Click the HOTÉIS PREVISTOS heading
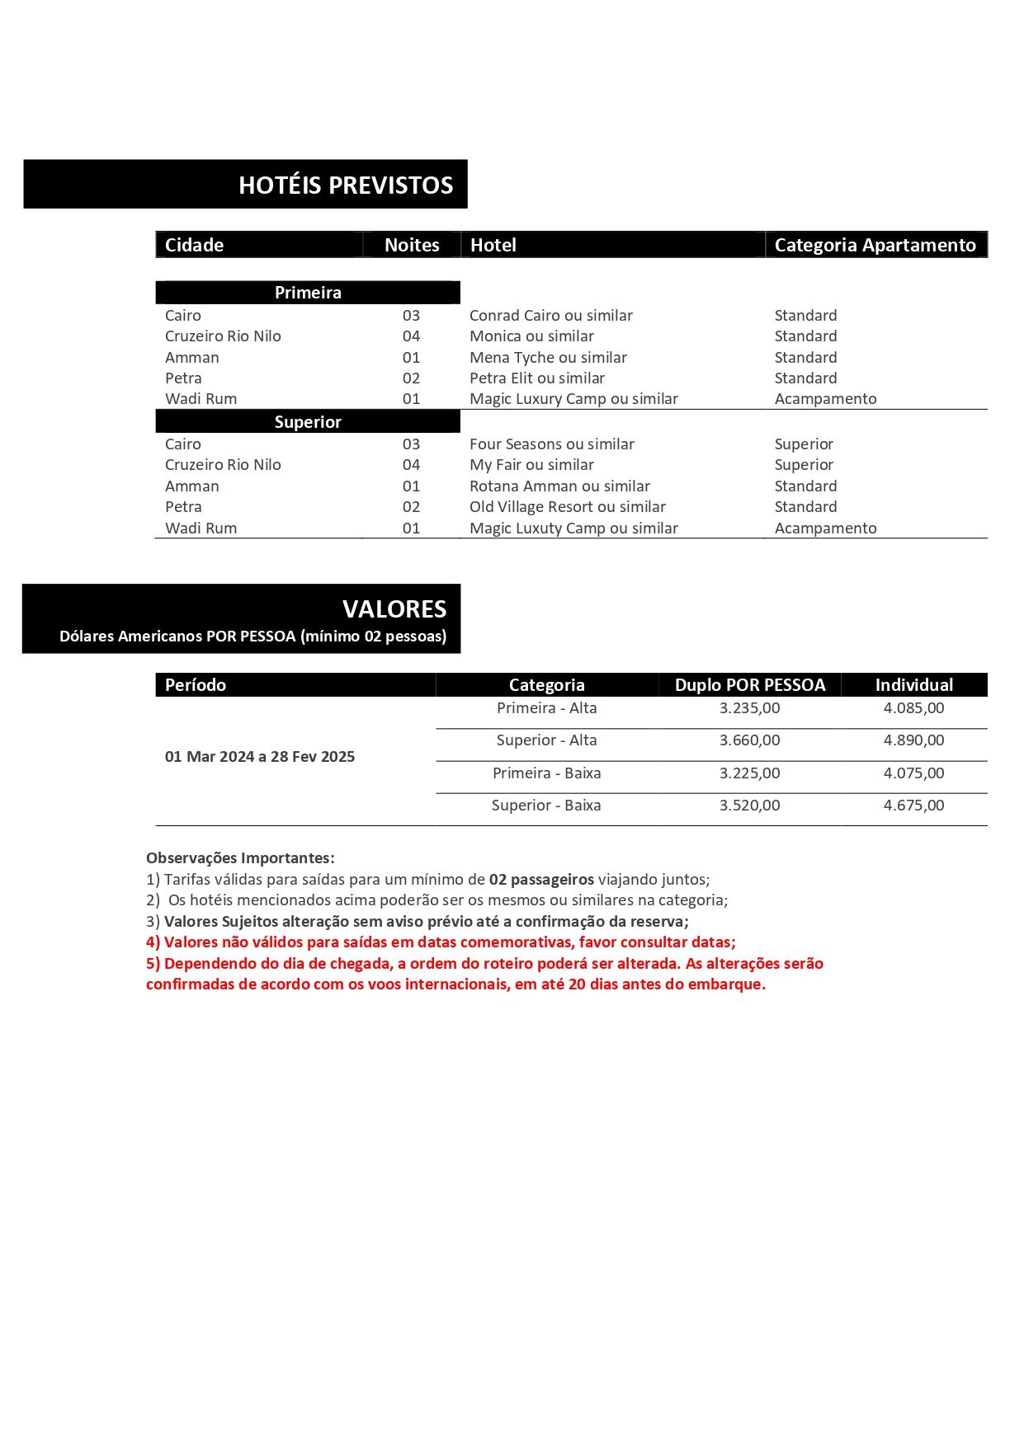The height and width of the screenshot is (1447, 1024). point(346,185)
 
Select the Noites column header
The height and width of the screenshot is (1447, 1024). point(412,245)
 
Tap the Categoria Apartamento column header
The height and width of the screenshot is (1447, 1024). point(875,245)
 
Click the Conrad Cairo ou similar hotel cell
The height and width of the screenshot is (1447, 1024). point(550,315)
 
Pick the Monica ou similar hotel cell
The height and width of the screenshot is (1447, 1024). point(531,336)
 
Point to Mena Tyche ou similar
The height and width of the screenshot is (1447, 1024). point(548,357)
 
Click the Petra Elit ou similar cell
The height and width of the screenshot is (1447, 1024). point(536,378)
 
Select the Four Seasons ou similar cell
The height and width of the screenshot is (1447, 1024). point(551,444)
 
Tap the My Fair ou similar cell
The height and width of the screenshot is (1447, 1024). point(531,464)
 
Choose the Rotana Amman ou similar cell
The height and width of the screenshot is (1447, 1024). point(559,486)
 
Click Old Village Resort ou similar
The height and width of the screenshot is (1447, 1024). point(567,506)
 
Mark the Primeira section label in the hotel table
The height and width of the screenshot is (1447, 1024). point(308,293)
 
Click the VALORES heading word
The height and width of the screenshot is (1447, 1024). point(394,608)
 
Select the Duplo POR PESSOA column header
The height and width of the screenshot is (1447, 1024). point(749,684)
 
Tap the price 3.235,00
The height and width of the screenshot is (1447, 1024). point(749,707)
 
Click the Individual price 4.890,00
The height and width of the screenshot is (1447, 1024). point(913,740)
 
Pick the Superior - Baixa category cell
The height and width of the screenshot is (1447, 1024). point(546,805)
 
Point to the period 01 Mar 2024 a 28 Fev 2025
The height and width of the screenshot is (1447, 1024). point(260,756)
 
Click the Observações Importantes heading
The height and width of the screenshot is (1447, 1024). point(240,857)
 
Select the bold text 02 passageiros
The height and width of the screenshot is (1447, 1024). point(541,879)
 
